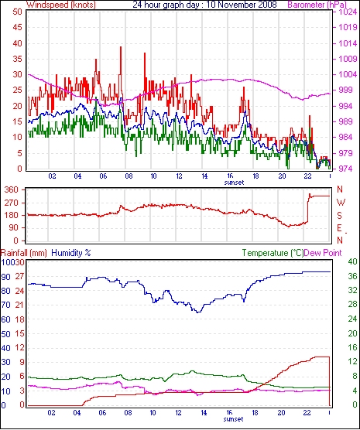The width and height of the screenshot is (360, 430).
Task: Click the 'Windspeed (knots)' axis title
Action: [61, 5]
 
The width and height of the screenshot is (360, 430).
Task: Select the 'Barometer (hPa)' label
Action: [317, 5]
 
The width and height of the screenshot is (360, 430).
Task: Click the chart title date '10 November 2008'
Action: [242, 5]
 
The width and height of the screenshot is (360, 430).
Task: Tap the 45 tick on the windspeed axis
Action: [17, 27]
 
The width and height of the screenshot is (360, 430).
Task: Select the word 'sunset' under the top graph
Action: [234, 183]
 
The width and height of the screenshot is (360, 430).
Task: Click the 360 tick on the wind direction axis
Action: [12, 189]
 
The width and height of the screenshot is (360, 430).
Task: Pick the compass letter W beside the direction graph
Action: [341, 203]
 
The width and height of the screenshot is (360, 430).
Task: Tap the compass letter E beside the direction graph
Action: [339, 228]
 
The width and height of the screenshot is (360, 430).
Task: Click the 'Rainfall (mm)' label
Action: [24, 253]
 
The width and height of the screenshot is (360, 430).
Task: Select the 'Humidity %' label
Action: [71, 253]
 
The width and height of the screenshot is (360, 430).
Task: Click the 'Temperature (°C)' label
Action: [273, 253]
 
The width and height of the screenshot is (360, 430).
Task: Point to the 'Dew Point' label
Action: [323, 253]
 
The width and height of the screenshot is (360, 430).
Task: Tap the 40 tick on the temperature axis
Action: [352, 261]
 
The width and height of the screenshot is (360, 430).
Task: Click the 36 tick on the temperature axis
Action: [352, 276]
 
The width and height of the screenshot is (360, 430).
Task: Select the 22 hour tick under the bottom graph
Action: [307, 412]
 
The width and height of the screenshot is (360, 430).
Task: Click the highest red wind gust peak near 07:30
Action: [121, 48]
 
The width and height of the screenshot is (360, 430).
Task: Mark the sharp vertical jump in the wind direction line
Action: [308, 208]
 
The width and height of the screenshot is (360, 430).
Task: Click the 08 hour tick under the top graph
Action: [129, 176]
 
